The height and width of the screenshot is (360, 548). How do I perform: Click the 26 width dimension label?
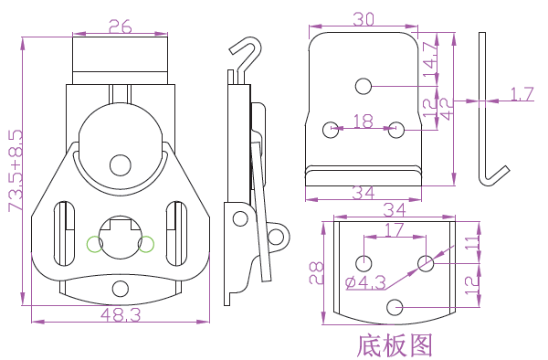click(121, 26)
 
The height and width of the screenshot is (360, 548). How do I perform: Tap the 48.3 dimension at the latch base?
click(121, 314)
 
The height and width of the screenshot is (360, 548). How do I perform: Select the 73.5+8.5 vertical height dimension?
click(16, 171)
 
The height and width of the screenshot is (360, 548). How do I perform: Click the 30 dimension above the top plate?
click(364, 19)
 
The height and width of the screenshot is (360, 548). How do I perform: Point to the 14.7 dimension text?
click(430, 59)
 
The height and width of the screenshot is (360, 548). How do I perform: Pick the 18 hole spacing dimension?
click(364, 122)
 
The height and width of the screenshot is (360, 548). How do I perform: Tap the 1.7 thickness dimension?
click(522, 94)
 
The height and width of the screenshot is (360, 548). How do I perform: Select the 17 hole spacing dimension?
click(395, 230)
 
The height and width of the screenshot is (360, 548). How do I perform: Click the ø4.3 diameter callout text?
click(365, 282)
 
